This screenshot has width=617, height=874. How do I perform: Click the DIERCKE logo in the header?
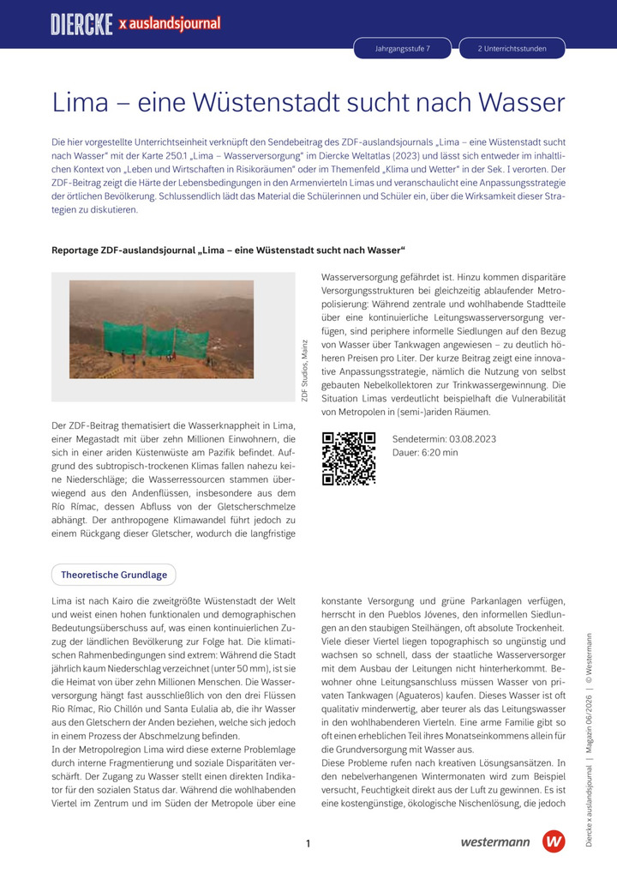81,25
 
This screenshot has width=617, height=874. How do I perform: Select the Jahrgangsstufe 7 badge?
403,49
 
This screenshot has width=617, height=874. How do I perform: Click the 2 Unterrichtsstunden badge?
512,49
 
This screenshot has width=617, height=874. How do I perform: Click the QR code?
349,459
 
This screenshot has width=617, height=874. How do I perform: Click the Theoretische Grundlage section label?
113,574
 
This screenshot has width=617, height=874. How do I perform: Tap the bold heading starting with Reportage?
228,250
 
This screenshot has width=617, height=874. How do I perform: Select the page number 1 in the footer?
308,844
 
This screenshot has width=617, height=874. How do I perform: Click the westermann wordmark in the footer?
494,842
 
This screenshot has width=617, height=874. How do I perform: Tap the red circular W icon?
554,841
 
